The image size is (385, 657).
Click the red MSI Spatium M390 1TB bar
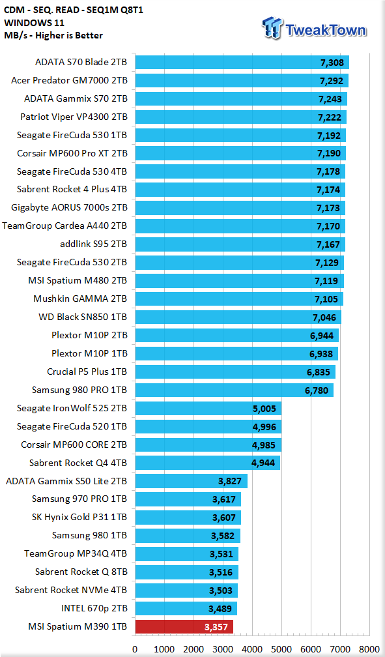184,627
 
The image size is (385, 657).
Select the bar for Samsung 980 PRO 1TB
234,390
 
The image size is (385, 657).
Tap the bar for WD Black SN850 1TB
238,317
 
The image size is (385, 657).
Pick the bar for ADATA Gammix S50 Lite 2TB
191,481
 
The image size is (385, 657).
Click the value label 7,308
332,63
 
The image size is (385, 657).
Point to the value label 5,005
264,409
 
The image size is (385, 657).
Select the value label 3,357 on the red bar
216,627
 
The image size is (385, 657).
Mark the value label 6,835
319,372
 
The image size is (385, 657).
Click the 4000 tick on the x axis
252,649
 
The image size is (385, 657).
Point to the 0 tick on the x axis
135,649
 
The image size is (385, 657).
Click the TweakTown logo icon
272,27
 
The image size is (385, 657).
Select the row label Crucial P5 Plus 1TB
87,372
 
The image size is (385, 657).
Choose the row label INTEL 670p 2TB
94,608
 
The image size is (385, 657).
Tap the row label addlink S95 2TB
93,244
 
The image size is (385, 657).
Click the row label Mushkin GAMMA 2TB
80,299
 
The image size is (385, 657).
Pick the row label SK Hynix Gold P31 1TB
79,518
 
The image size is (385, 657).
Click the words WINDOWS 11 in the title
34,23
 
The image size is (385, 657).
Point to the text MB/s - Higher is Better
53,36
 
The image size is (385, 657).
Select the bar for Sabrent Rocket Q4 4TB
207,463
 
